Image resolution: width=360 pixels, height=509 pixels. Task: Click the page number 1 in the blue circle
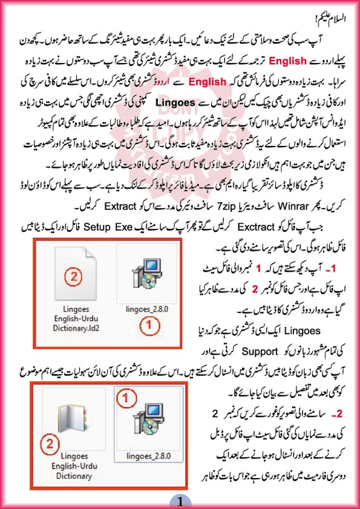pyautogui.click(x=180, y=499)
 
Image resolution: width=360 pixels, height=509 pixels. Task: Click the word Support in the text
pyautogui.click(x=259, y=350)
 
